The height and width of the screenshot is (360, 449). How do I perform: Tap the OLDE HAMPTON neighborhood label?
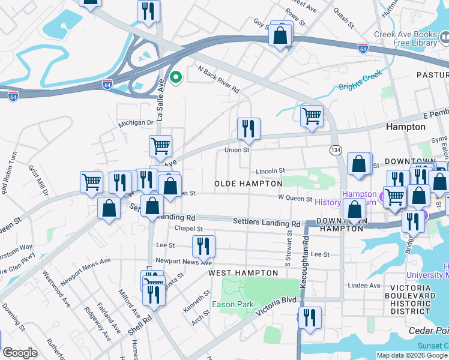pyautogui.click(x=249, y=183)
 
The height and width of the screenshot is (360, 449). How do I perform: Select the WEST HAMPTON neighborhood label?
pyautogui.click(x=243, y=273)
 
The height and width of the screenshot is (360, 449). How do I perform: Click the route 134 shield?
pyautogui.click(x=336, y=149)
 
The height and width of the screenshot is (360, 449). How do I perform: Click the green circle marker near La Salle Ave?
pyautogui.click(x=176, y=77)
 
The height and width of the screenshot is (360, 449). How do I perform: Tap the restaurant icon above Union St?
pyautogui.click(x=248, y=128)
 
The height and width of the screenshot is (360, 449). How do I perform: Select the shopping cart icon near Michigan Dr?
pyautogui.click(x=160, y=146)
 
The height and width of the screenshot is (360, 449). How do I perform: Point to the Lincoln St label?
pyautogui.click(x=270, y=171)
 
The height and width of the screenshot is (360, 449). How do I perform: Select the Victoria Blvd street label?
pyautogui.click(x=276, y=304)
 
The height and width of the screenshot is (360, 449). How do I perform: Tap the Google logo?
pyautogui.click(x=20, y=353)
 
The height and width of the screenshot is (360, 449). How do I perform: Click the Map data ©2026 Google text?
pyautogui.click(x=412, y=355)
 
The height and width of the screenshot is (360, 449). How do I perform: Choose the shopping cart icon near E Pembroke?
pyautogui.click(x=312, y=116)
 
